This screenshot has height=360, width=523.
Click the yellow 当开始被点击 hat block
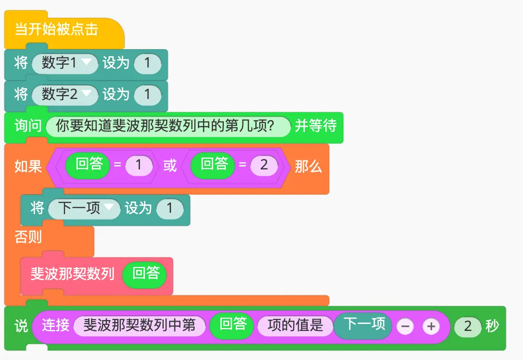tap(57, 30)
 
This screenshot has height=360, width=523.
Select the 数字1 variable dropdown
tap(65, 63)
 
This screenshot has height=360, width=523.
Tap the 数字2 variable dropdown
tap(65, 94)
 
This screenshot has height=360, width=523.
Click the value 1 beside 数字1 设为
tap(147, 64)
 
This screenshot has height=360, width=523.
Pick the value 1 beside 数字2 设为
tap(147, 95)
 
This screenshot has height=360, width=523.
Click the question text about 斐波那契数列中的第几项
tap(168, 126)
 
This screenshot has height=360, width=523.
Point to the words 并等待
tap(315, 126)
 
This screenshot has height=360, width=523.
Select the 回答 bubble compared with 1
tap(89, 165)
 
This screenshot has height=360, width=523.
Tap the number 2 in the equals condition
tap(264, 165)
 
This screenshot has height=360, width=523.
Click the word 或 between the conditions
tap(170, 165)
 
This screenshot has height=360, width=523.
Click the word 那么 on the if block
tap(308, 166)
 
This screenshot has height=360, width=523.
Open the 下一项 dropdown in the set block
tap(84, 208)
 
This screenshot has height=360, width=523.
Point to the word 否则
tap(28, 237)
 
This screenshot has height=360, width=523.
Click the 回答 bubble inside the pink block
tap(146, 274)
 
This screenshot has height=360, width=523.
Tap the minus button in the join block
tap(405, 326)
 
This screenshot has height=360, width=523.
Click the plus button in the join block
tap(431, 326)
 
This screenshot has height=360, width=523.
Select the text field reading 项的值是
tap(295, 326)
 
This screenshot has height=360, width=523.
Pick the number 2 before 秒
tap(467, 326)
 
